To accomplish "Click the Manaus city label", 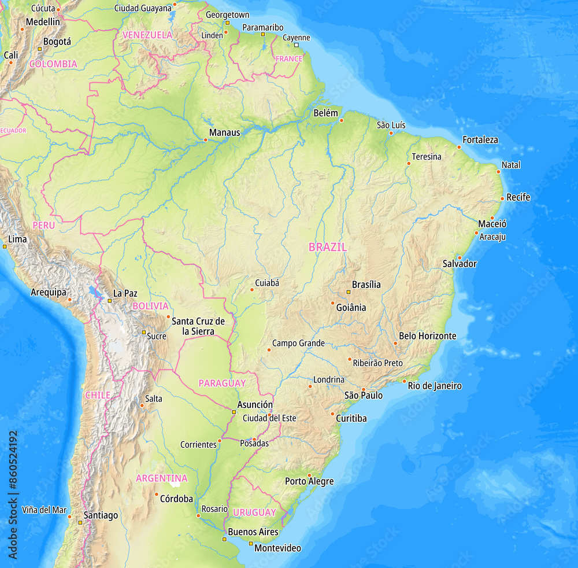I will coord(224,132).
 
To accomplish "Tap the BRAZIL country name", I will coord(328,247).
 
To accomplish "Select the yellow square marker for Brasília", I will coord(348,292).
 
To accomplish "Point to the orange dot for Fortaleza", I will coord(460,147).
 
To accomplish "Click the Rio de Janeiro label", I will coord(435,386).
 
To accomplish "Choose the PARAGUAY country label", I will coord(222,383).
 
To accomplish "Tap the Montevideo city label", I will coord(277,548).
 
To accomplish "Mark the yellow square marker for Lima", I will coord(5,246).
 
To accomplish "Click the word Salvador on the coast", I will coord(460,264).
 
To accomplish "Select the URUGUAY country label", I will coord(254,512).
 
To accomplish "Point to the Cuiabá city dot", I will coord(252,289).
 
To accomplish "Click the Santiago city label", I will coord(101,515).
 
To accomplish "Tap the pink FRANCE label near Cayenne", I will coord(289,58).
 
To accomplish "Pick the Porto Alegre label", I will coord(309,481).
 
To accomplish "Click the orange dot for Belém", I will coord(341,120).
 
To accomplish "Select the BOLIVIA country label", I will coord(150,306).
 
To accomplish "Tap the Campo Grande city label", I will coord(298,344).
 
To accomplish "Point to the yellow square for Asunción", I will coord(234,412).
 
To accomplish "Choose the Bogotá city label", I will coord(57,42).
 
